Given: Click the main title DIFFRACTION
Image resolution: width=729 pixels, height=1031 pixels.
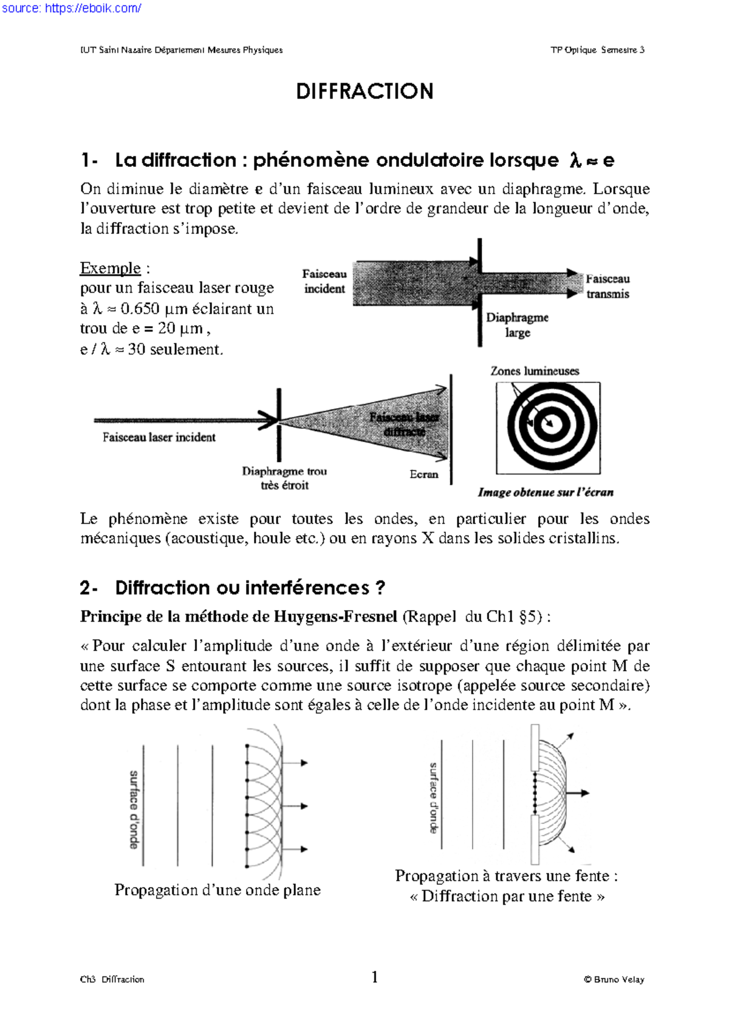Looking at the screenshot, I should point(364,92).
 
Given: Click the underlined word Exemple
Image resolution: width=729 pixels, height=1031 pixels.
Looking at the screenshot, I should point(110,268).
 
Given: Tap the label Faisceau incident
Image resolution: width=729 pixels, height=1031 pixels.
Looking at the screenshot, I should point(324,281).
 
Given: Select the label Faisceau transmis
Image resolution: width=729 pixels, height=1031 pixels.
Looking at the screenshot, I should point(607,286).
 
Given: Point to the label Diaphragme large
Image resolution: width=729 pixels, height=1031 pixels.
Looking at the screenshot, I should point(517,325).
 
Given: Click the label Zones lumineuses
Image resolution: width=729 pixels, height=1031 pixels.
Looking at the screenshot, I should point(535,370).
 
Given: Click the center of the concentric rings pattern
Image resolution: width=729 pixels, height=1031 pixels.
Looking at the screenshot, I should point(550,424).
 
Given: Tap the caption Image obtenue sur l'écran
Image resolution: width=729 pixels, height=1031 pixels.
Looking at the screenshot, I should point(545,492).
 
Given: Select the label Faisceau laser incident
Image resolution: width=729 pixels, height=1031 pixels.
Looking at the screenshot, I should point(159,437).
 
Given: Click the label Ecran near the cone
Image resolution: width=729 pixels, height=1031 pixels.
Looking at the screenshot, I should point(423,474).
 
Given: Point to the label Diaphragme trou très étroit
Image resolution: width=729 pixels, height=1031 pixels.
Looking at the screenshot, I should point(284,478).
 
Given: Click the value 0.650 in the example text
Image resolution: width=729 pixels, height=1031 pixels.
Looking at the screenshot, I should point(140,308).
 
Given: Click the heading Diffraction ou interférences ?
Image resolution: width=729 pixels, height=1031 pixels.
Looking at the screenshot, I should point(250,588).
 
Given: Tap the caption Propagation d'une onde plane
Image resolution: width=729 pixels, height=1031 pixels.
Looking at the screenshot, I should point(217,890).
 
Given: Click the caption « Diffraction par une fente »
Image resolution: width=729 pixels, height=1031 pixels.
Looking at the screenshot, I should point(507,896).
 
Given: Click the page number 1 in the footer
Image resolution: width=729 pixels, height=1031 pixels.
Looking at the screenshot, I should point(374,976).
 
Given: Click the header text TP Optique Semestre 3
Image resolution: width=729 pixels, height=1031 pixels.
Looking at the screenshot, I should point(597,50).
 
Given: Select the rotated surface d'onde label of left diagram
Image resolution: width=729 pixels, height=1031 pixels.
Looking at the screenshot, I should point(134,809).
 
